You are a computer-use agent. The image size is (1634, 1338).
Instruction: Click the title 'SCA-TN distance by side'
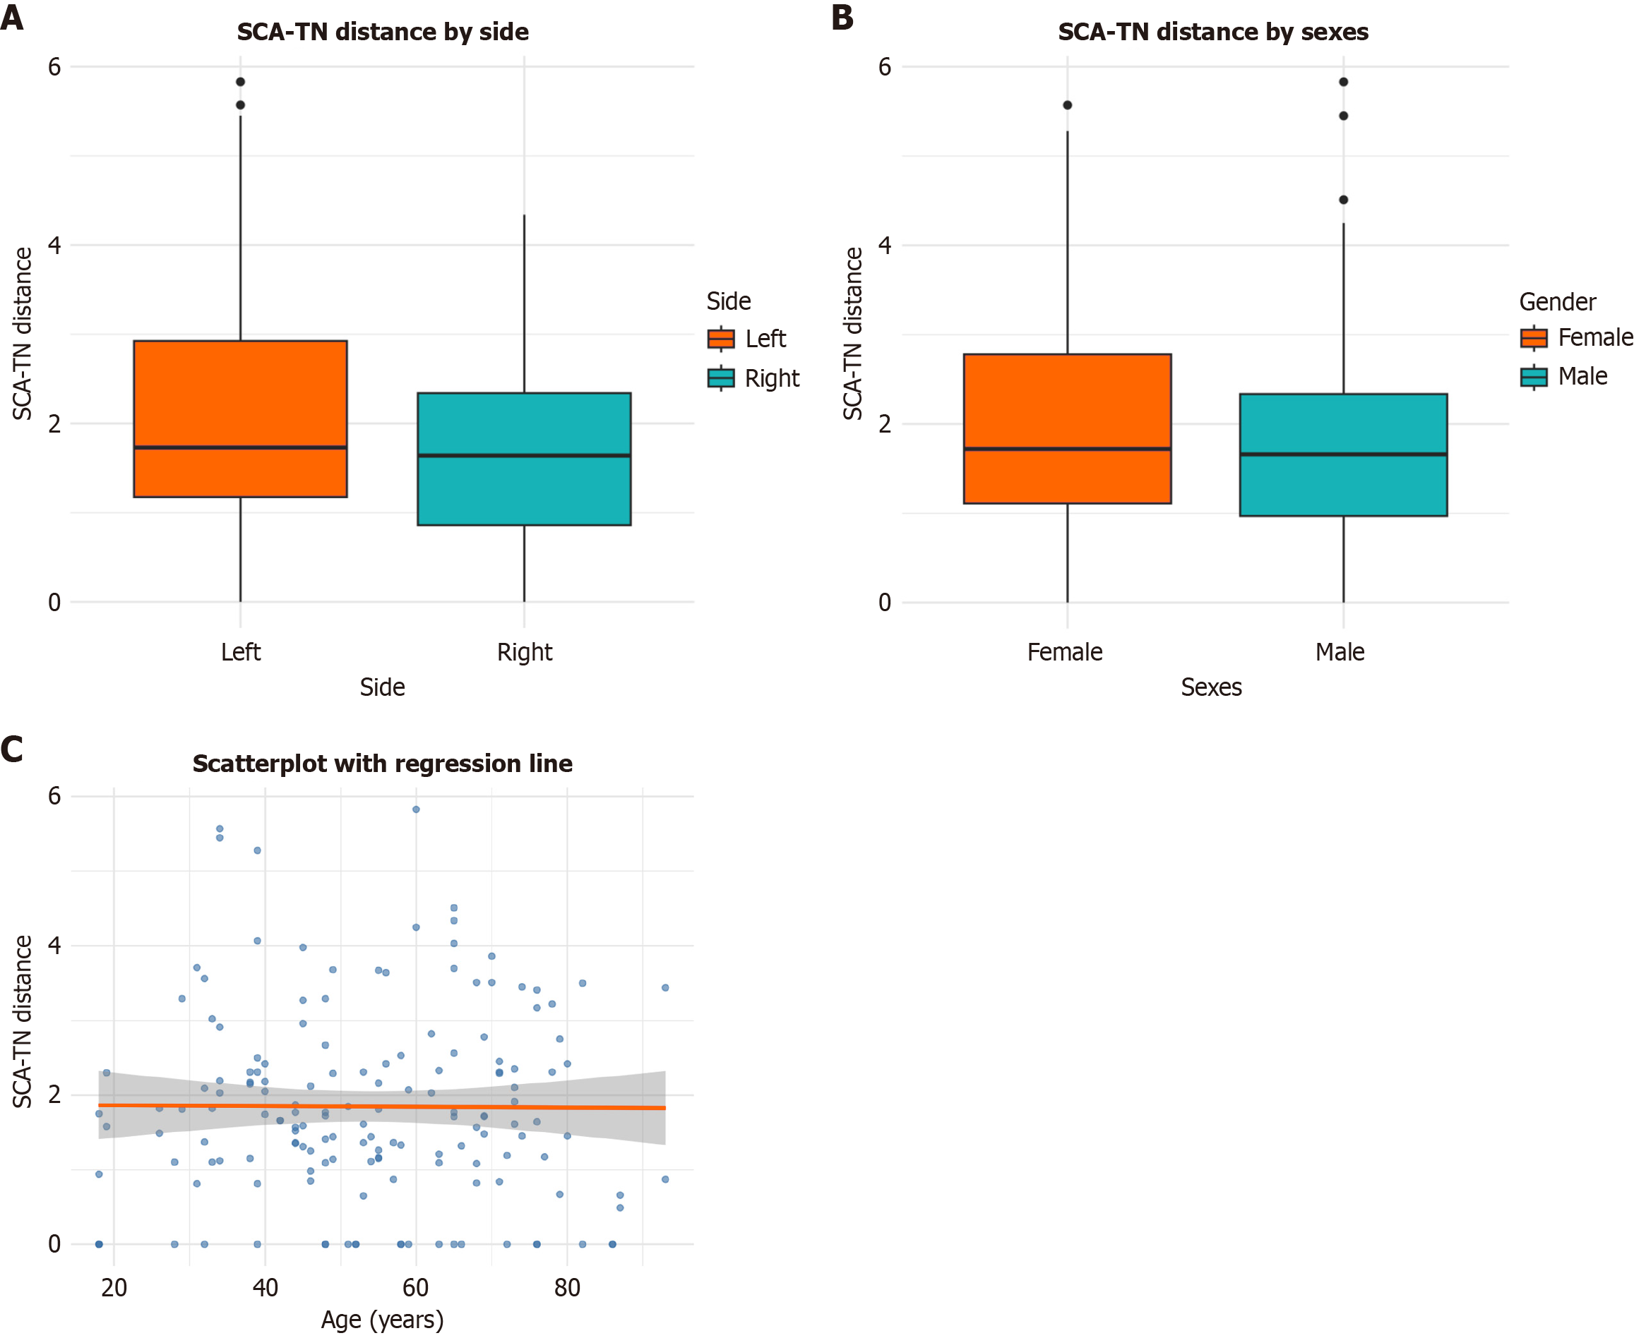point(383,32)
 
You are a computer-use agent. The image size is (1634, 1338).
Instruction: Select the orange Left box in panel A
point(240,418)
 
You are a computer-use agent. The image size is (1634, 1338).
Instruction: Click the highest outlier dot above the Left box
point(241,82)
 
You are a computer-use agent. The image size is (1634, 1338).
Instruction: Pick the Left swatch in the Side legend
point(721,338)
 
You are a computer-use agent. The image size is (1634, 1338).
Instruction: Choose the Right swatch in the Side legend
point(721,378)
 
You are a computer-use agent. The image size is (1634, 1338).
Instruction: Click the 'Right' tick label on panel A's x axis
point(525,652)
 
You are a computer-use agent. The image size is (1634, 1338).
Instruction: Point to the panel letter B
point(842,17)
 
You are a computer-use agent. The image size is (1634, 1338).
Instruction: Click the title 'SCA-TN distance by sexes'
point(1212,32)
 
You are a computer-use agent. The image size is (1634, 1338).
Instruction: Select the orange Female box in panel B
point(1067,428)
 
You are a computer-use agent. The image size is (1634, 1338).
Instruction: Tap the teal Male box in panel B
point(1342,454)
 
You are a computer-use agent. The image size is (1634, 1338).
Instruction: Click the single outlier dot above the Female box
point(1067,105)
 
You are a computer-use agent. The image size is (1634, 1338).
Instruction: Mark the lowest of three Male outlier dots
point(1343,200)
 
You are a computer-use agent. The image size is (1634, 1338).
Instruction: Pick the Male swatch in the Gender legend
point(1534,377)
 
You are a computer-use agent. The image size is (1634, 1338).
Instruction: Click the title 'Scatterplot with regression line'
point(383,763)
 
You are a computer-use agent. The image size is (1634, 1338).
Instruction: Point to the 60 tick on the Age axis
point(416,1287)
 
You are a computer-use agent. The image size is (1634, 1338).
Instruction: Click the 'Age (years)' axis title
point(383,1320)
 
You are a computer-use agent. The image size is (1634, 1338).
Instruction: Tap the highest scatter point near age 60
point(416,809)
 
